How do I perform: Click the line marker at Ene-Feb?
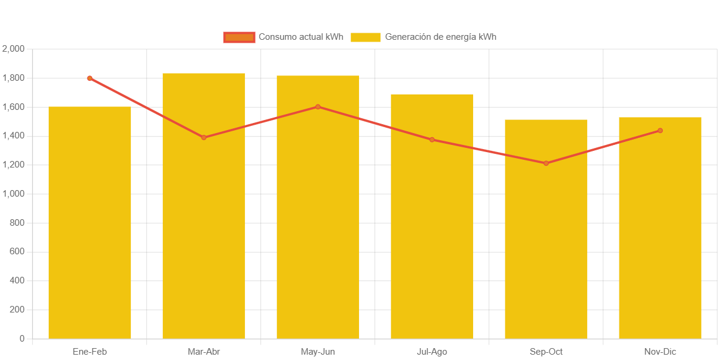90,78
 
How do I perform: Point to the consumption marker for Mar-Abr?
204,137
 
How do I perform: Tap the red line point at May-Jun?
318,107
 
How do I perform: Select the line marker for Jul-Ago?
432,140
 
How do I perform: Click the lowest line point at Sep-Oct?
546,163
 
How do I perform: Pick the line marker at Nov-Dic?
660,131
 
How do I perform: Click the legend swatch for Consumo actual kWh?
239,37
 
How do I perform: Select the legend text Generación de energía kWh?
440,37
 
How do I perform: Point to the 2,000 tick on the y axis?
13,49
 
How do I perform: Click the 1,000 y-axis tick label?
13,194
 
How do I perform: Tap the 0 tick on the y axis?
22,339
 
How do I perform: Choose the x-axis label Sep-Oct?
546,352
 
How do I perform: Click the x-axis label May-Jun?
318,352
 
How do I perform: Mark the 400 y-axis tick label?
17,280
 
